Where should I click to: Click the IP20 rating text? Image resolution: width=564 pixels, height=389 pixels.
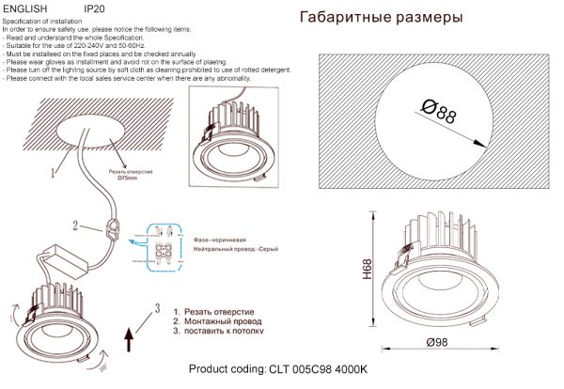(x=94, y=8)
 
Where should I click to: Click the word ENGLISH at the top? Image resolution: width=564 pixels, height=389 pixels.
(x=23, y=8)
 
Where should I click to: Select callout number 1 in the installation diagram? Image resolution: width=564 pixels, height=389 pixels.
(x=53, y=173)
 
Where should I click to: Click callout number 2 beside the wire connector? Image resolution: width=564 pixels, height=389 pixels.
(x=74, y=226)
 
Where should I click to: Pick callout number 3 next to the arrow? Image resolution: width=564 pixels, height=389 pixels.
(x=157, y=308)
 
